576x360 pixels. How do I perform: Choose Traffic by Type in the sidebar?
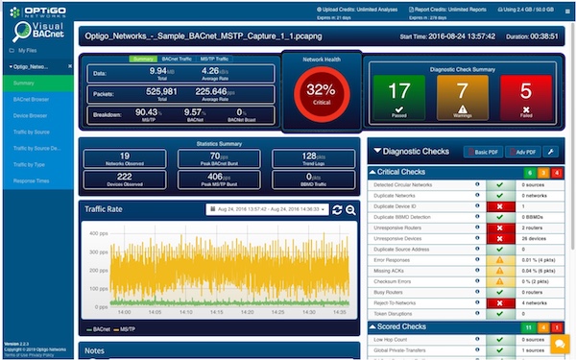pyautogui.click(x=33, y=163)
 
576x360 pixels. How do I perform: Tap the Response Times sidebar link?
pyautogui.click(x=32, y=180)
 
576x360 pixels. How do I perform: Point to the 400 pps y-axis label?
pyautogui.click(x=97, y=233)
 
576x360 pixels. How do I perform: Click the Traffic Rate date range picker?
pyautogui.click(x=268, y=208)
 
